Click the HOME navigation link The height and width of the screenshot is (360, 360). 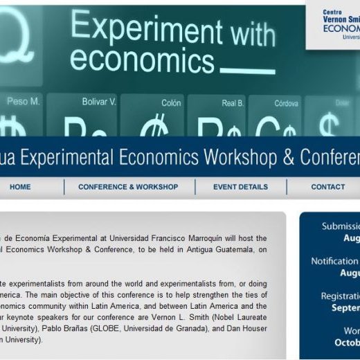[20, 187]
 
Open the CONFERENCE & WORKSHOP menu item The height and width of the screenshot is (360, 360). [128, 187]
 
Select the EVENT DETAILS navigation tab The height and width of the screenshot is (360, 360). [240, 187]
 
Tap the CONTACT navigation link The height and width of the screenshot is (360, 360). [327, 187]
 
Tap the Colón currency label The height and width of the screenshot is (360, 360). [171, 103]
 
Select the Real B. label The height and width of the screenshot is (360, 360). [233, 103]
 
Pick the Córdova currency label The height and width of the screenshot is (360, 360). [286, 103]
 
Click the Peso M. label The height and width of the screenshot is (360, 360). [24, 102]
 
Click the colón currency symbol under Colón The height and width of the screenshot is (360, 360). [153, 128]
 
